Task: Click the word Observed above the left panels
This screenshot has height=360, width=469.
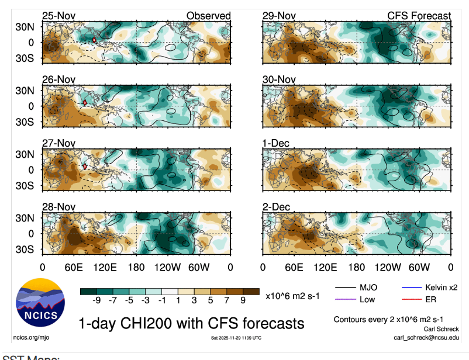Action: (x=208, y=16)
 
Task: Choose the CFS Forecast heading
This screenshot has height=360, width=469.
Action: (x=419, y=16)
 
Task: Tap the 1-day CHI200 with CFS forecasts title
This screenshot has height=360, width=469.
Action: (x=191, y=323)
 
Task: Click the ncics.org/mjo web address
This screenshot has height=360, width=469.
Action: (x=28, y=337)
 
